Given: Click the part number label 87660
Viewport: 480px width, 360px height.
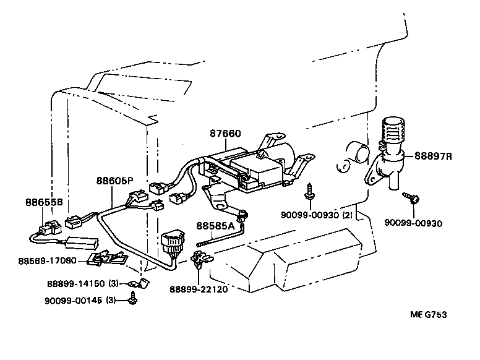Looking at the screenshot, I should coord(225,133).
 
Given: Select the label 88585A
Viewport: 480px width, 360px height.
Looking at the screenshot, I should coord(215,226).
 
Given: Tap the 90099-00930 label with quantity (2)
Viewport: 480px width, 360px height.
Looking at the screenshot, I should coord(317,215).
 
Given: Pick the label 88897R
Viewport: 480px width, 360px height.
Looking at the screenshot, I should coord(433,156).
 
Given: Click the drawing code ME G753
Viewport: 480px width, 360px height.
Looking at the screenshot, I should coord(427,314).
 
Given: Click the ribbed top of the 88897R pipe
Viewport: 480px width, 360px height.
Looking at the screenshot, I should coord(389,132).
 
